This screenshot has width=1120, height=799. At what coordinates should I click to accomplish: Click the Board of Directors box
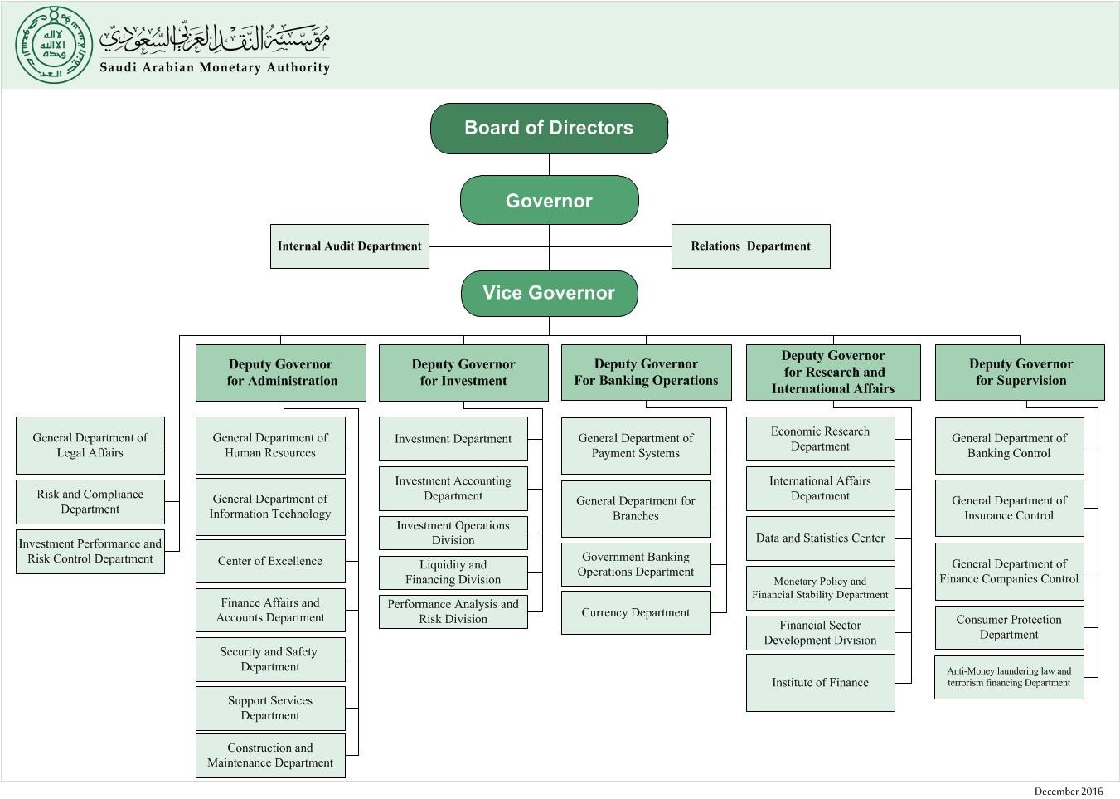pos(549,129)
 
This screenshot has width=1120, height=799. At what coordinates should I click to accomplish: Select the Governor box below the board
pos(549,201)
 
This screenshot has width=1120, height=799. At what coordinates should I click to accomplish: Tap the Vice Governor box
pos(549,293)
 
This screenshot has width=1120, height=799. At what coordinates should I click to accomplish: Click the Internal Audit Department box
pos(349,246)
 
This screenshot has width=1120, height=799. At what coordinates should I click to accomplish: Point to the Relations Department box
pos(750,246)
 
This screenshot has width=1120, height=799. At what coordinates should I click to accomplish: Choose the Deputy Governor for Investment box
pos(463,373)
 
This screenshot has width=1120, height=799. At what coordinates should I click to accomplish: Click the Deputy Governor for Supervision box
pos(1020,373)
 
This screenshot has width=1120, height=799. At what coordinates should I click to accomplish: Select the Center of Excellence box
pos(270,562)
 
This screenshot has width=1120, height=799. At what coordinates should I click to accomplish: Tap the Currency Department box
pos(636,613)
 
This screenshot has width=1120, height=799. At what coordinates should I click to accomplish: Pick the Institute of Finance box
pos(820,683)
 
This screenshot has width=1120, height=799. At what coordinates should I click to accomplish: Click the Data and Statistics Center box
pos(820,538)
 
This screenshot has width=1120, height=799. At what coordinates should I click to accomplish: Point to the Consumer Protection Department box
pos(1009,627)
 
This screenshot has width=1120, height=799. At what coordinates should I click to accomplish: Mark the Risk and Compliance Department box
pos(90,502)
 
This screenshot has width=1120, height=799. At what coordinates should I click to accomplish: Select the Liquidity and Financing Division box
pos(453,572)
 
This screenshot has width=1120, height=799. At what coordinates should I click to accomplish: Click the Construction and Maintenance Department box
pos(270,756)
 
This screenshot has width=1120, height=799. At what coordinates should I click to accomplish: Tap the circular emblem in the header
pos(54,44)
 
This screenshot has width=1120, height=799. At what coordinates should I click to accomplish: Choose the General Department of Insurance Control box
pos(1009,508)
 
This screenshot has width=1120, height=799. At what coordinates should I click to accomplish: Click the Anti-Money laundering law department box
pos(1009,677)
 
